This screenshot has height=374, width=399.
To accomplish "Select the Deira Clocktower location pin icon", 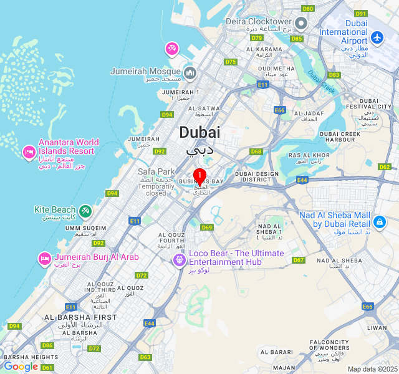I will pyautogui.click(x=301, y=24).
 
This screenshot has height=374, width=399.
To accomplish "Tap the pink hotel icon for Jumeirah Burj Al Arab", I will pyautogui.click(x=44, y=258).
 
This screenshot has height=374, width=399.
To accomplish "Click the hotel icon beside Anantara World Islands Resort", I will pyautogui.click(x=28, y=151).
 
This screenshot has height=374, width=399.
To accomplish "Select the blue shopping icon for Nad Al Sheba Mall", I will pyautogui.click(x=379, y=221).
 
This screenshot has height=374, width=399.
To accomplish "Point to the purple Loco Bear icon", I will pyautogui.click(x=179, y=258).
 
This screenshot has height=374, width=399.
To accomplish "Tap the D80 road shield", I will pyautogui.click(x=307, y=9).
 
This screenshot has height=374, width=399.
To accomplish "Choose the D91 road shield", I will pyautogui.click(x=360, y=13).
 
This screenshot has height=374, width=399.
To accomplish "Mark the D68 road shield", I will pyautogui.click(x=256, y=151).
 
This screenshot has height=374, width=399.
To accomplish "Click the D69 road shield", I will pyautogui.click(x=207, y=228).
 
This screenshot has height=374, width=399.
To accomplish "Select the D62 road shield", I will pyautogui.click(x=385, y=167).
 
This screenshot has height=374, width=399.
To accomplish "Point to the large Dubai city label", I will pyautogui.click(x=199, y=132).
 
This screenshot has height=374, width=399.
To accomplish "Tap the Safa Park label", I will pyautogui.click(x=156, y=171).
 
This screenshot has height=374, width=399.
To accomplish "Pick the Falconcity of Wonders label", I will pyautogui.click(x=329, y=345).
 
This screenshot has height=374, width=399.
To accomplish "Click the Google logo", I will pyautogui.click(x=21, y=367).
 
